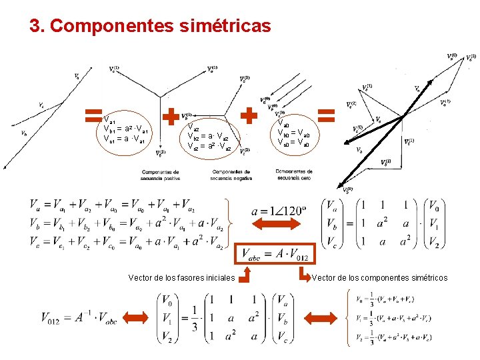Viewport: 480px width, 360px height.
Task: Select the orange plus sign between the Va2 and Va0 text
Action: [x=249, y=116]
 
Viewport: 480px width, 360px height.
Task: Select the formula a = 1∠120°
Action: [x=279, y=212]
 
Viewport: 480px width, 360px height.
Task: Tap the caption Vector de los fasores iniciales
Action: [x=181, y=277]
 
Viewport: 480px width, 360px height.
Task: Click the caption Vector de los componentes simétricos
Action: [x=379, y=277]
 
